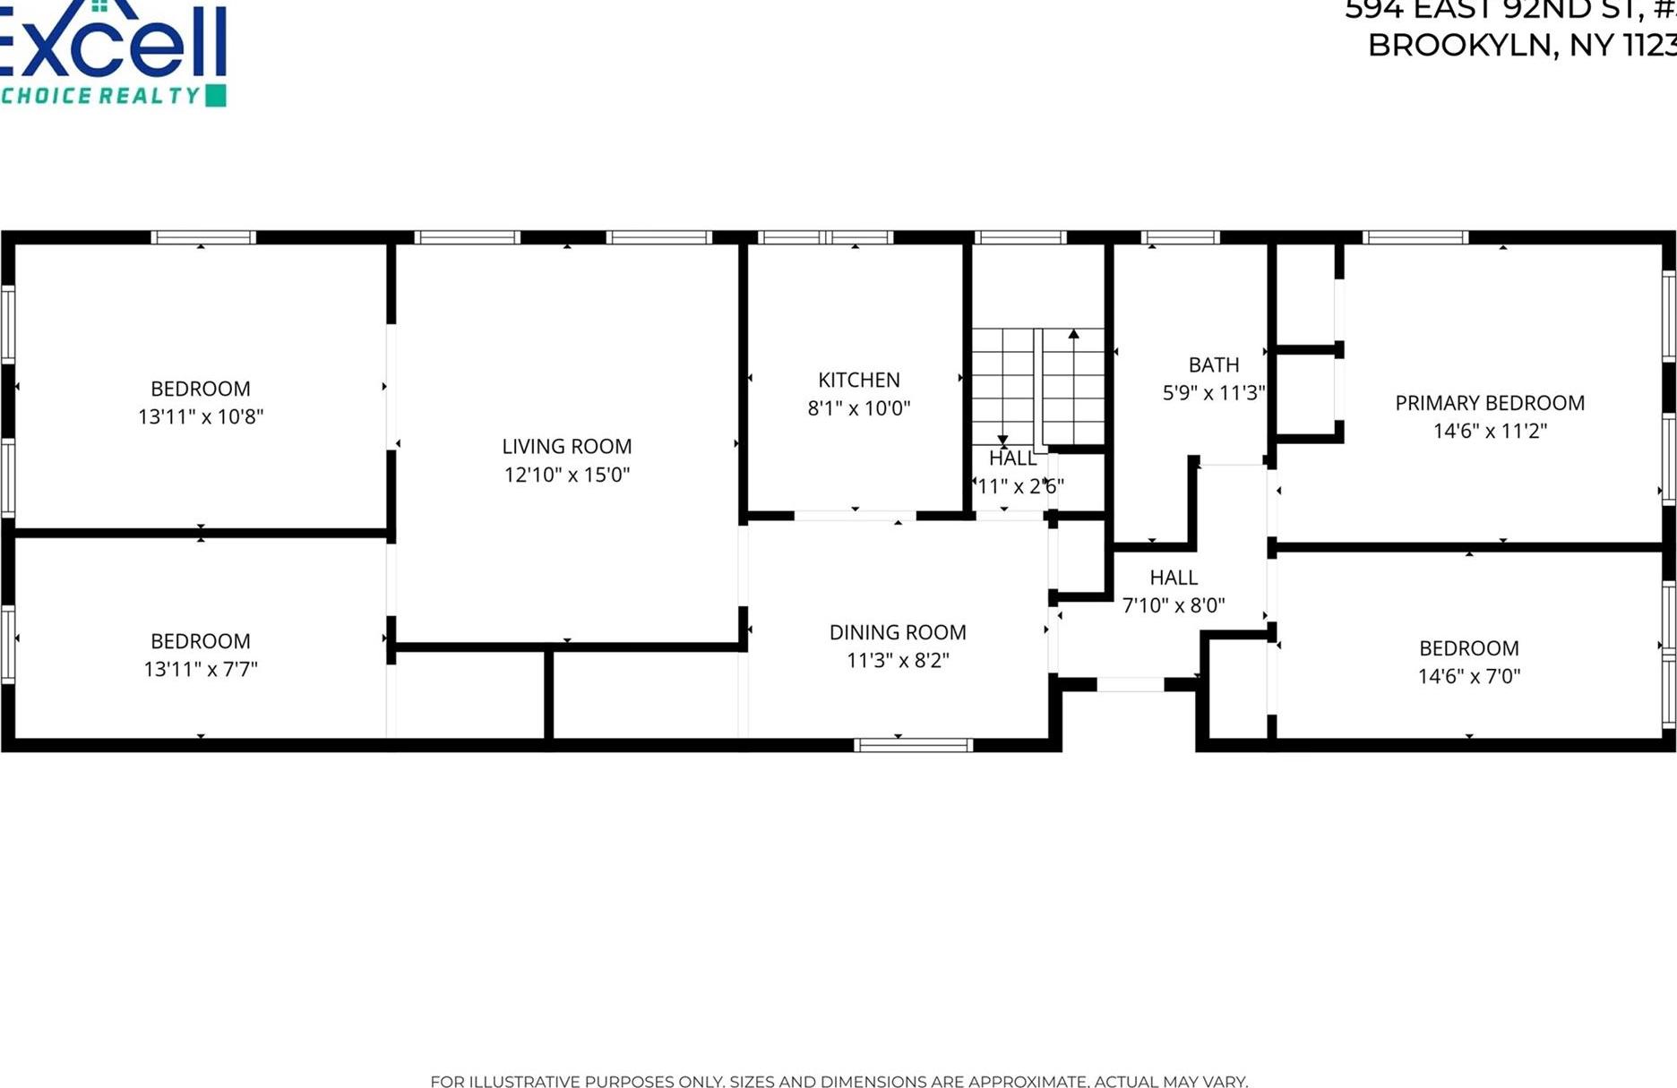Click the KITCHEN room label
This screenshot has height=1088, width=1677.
[858, 380]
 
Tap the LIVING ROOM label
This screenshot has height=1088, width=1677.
[566, 446]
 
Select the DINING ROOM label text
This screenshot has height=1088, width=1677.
[898, 632]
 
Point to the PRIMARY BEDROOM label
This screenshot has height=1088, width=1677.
[1489, 403]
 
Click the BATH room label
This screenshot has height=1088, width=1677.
[1213, 364]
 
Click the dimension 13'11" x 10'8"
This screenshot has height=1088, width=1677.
[201, 416]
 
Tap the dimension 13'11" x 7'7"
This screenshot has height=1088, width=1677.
[201, 669]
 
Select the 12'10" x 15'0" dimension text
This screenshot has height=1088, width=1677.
[566, 475]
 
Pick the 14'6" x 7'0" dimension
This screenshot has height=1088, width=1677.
[1468, 676]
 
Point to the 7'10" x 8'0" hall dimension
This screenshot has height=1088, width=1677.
[1173, 605]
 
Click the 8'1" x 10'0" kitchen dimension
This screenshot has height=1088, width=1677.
[858, 408]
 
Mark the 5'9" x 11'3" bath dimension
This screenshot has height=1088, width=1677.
[1213, 392]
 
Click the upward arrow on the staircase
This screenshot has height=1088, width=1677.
[1073, 335]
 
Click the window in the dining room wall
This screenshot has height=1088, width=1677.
[913, 744]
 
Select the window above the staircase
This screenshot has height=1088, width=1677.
[1020, 237]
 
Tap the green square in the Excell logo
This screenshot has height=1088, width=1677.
[216, 96]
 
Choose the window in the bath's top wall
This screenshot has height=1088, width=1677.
[1180, 237]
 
